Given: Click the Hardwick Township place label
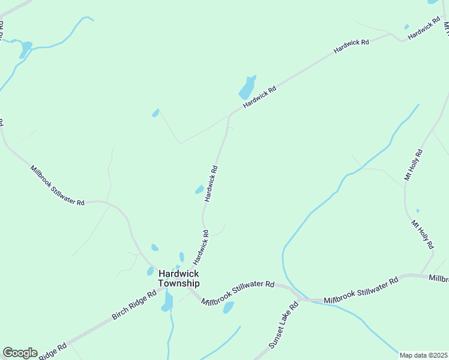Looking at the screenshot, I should (x=179, y=278).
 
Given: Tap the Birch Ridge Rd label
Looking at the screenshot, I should (x=134, y=306).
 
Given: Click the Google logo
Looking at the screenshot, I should (x=20, y=353).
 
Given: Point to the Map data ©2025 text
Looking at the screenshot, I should (x=424, y=355).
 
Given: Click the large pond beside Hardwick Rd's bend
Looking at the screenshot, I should (x=247, y=88).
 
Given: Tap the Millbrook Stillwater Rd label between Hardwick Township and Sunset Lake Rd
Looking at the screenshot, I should (x=238, y=292).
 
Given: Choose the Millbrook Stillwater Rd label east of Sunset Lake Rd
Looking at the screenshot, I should (x=361, y=290).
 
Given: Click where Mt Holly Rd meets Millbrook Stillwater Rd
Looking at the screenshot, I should (x=423, y=275).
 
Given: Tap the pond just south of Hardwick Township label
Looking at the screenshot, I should (x=167, y=301).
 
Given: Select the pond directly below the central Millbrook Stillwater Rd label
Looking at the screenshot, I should (x=228, y=308).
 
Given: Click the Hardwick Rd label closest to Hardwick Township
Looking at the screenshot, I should (x=200, y=248).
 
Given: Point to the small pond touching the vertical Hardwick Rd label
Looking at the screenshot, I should (x=199, y=190).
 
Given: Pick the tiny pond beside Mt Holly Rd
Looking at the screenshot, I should (x=418, y=211).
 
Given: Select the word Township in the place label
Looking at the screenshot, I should (x=179, y=283).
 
